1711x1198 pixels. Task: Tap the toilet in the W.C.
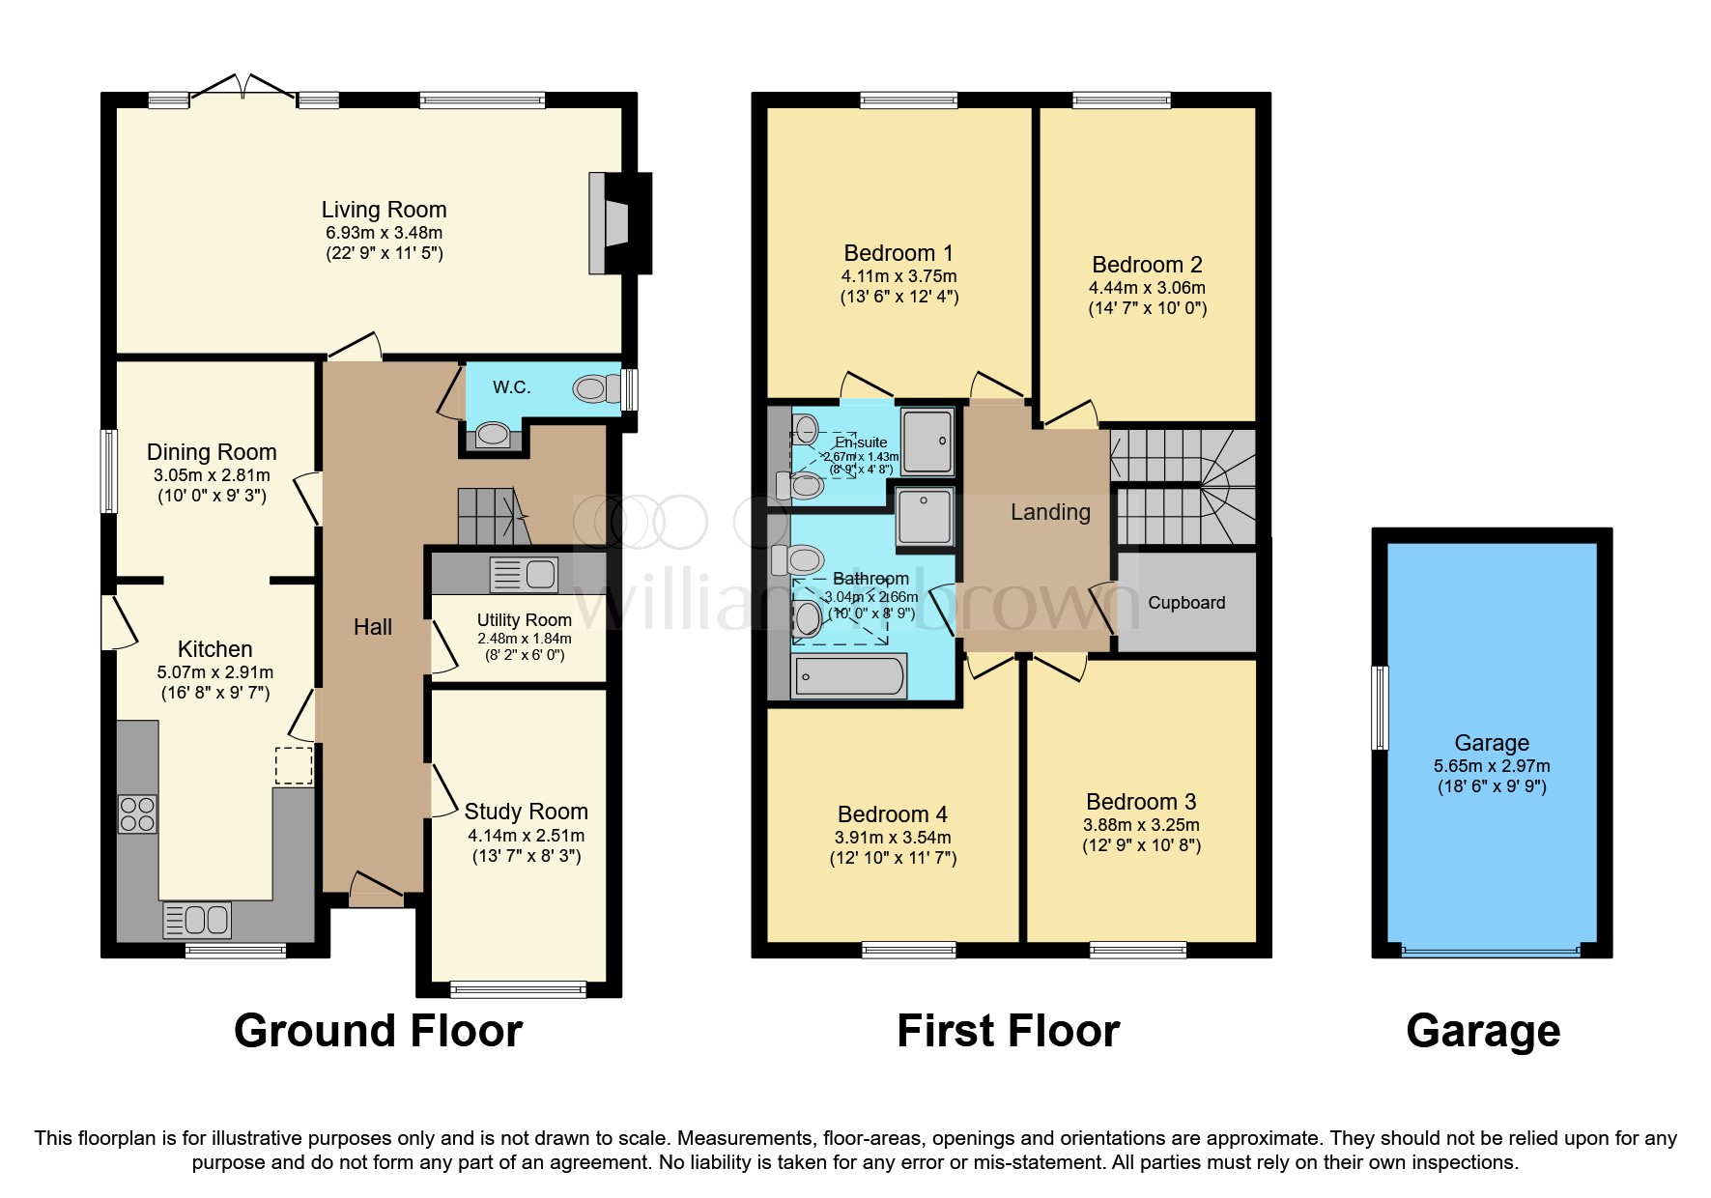coord(596,389)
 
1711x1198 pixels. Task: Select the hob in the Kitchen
coord(137,813)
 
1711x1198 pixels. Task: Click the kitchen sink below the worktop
coord(197,920)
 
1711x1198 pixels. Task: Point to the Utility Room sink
coord(525,575)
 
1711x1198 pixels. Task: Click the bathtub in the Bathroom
coord(849,675)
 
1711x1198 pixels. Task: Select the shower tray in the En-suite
coord(927,441)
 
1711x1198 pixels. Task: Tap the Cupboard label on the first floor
coord(1186,603)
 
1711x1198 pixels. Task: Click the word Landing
coord(1050,512)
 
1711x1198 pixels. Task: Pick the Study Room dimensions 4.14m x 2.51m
coord(526,836)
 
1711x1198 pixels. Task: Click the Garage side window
coord(1381,707)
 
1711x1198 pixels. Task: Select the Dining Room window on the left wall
coord(110,471)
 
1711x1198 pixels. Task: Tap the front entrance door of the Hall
coord(376,891)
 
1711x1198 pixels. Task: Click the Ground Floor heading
coord(378,1031)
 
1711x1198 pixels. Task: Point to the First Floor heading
coord(1008,1031)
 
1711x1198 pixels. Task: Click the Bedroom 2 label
coord(1147,265)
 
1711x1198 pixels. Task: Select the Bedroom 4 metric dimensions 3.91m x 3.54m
coord(893,838)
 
